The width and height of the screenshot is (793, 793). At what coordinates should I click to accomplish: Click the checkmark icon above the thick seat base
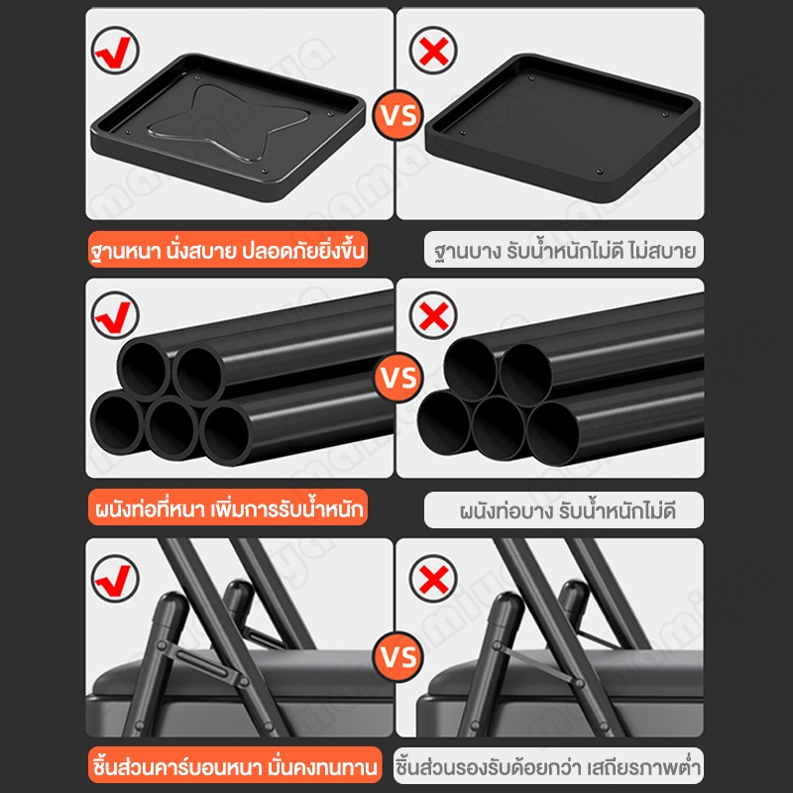115,51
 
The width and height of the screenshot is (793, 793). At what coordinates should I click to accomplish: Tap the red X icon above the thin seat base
433,51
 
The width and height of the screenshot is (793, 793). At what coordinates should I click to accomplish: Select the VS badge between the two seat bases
398,115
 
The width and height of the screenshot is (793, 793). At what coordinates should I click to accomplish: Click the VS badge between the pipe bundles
398,378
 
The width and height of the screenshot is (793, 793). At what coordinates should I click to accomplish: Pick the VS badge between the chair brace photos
398,656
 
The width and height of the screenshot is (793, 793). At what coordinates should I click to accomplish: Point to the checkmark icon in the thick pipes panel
115,315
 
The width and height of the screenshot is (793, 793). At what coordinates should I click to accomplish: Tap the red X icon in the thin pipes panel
433,315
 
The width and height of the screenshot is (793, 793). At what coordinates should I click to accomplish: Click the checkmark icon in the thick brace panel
115,579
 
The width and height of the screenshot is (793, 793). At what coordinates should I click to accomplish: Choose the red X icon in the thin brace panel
433,579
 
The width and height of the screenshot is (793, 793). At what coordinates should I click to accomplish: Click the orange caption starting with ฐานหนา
228,250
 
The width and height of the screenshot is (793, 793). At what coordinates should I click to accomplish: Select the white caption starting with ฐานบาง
564,250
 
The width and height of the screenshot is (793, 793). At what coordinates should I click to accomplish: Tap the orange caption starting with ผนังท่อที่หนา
228,508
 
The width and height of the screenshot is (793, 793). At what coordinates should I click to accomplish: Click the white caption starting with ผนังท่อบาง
564,510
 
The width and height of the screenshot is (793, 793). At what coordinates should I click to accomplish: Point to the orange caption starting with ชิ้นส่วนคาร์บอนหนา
235,764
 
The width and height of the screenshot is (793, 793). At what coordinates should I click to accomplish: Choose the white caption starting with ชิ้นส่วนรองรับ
549,765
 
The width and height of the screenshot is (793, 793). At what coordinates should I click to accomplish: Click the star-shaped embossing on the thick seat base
228,121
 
